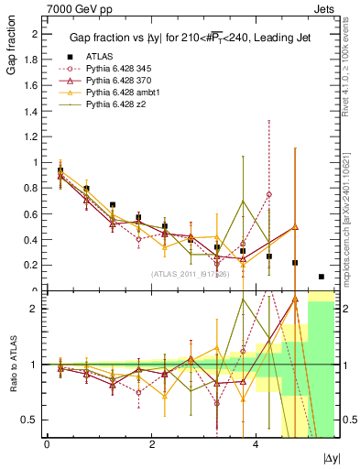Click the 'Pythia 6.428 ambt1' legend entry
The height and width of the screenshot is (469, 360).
[125, 93]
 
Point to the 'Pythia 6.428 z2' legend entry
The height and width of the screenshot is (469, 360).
[120, 105]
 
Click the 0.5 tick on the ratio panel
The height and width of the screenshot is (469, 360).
[33, 420]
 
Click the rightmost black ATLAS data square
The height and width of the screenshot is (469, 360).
[322, 277]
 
